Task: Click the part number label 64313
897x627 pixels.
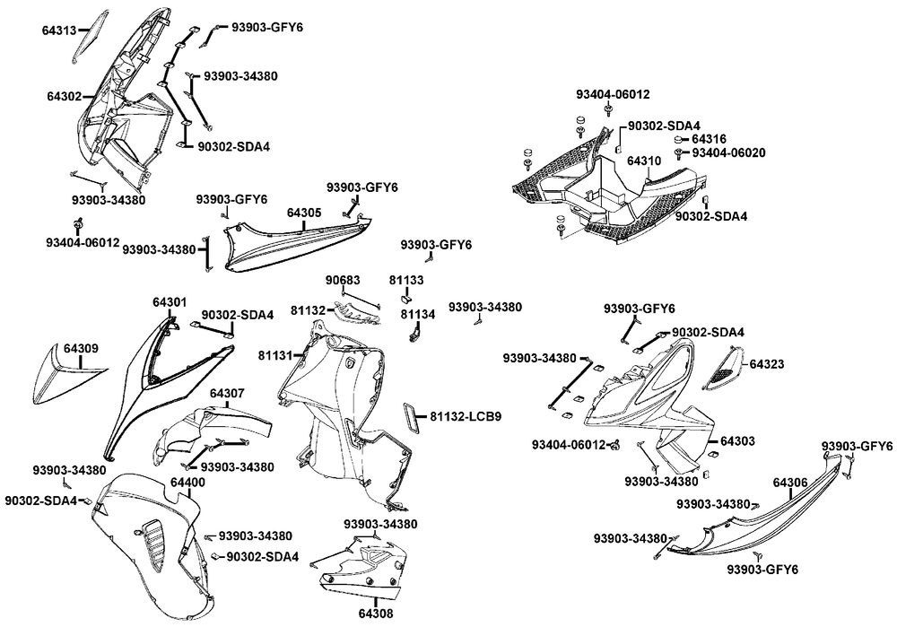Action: (59, 30)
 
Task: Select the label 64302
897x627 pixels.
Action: (64, 95)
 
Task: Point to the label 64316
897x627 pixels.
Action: (710, 139)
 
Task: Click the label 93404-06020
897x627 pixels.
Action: (727, 152)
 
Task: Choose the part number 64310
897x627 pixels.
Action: (643, 161)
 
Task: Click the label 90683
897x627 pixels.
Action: (343, 281)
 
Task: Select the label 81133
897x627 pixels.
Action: (406, 281)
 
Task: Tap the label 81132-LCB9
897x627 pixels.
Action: (465, 416)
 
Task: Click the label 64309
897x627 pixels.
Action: (81, 348)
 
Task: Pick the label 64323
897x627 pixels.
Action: (767, 365)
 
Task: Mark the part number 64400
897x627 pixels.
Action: (187, 483)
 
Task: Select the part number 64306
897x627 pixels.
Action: (789, 483)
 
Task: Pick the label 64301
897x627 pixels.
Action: (170, 302)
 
